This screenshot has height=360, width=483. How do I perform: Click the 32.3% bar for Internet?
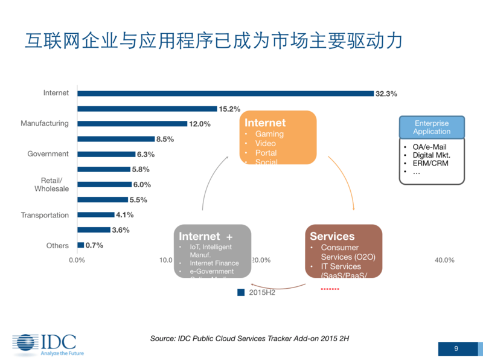coord(225,94)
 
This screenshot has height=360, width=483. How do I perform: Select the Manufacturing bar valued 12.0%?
coord(132,124)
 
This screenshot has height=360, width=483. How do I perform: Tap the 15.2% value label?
coord(229,109)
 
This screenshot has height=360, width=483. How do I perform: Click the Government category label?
coord(48,154)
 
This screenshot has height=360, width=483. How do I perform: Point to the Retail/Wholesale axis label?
coord(51,184)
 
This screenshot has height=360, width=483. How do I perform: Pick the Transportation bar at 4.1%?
coord(95,215)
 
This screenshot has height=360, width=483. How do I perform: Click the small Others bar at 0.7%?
coord(81,245)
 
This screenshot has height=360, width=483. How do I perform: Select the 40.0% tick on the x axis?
coord(444,260)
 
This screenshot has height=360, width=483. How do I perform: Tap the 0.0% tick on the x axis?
coord(77,260)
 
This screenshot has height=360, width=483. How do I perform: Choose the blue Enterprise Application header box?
coord(432,127)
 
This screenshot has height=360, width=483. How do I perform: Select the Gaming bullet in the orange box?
coord(269,134)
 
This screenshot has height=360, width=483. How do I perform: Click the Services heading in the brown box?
coord(332,236)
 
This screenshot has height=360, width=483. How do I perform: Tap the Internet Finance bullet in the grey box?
coord(214,263)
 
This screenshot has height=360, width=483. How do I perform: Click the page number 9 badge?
coord(456,349)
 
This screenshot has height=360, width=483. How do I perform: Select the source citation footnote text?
coord(249,339)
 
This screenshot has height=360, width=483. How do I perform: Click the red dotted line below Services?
coord(330,289)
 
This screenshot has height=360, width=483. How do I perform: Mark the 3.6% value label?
coord(121,230)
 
